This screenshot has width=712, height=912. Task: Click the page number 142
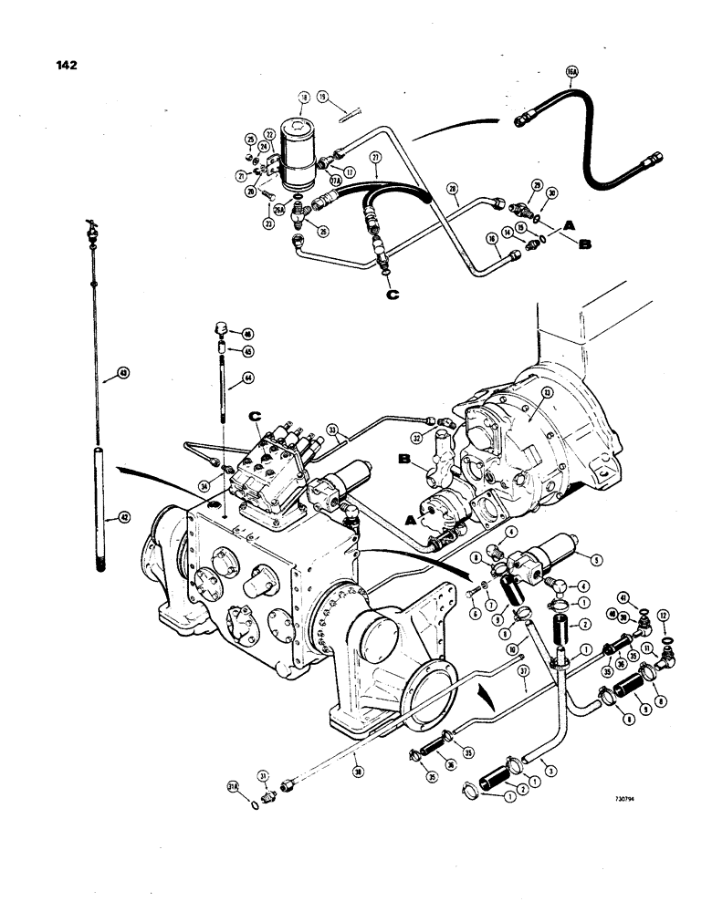pyautogui.click(x=65, y=65)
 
